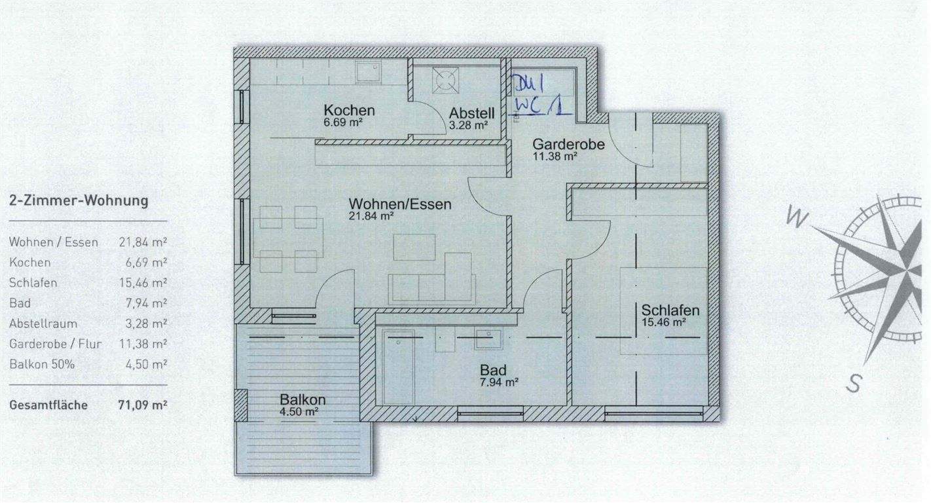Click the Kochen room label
click(349, 110)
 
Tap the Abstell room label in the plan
click(470, 113)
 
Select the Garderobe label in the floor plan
click(567, 144)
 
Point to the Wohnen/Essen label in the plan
click(399, 204)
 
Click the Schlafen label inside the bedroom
click(670, 310)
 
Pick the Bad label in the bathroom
click(492, 371)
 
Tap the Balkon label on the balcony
click(302, 400)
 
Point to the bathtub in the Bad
click(398, 367)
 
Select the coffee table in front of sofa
click(414, 248)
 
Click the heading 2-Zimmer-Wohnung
click(79, 201)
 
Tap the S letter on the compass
click(854, 382)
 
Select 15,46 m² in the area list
click(143, 283)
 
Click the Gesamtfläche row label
click(48, 405)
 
